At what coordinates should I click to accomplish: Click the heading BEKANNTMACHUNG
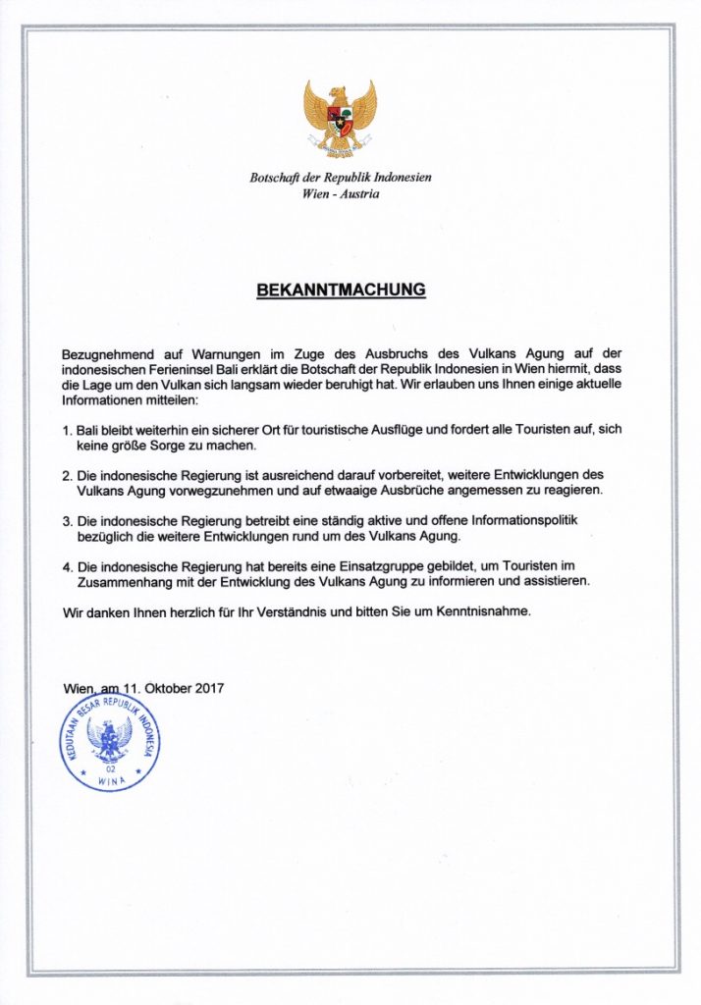pos(341,291)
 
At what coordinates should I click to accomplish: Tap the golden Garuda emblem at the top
pos(340,118)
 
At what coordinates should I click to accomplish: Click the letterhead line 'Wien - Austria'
pos(341,193)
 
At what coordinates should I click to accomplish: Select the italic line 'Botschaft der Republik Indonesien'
pos(341,178)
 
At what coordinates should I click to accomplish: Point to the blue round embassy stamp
pos(110,744)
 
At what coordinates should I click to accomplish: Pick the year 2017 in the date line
pos(207,688)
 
